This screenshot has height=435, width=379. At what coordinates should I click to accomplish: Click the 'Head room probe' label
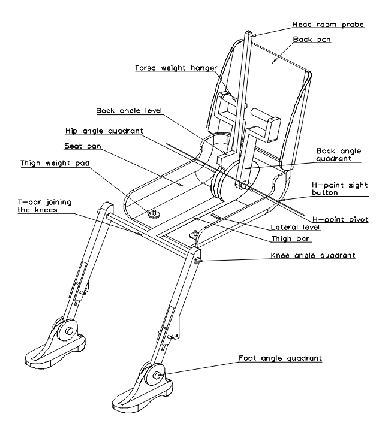click(328, 25)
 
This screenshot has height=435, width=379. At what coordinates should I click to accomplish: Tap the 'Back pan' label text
click(312, 39)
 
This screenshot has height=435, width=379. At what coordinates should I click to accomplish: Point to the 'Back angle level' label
click(129, 111)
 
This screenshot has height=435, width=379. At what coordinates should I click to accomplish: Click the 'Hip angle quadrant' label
click(104, 131)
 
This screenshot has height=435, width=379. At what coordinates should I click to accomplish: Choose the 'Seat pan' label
click(82, 146)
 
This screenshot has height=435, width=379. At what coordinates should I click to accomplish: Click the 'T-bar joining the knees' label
click(44, 206)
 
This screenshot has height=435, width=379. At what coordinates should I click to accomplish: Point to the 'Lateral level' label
click(295, 228)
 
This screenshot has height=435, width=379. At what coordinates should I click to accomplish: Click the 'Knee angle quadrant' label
click(312, 255)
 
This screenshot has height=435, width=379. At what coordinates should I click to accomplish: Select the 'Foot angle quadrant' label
click(280, 358)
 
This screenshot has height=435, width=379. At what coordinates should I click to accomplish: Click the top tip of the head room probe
click(249, 34)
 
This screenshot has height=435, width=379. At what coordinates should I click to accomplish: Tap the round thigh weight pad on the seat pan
click(154, 214)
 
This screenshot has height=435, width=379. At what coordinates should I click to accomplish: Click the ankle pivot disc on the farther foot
click(70, 330)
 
